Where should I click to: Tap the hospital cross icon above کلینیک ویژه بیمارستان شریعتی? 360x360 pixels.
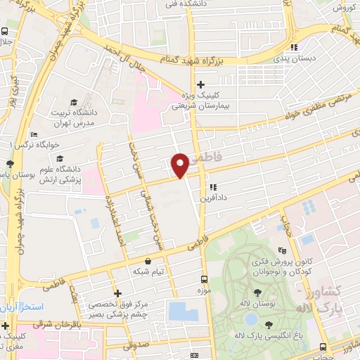(x=200, y=84)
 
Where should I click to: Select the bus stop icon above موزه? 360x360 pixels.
(x=205, y=279)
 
